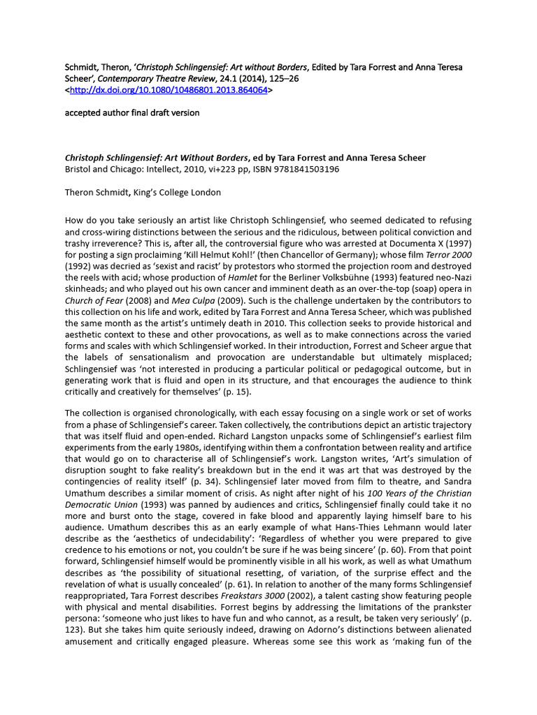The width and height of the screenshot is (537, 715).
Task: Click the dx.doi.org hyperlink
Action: pos(169,90)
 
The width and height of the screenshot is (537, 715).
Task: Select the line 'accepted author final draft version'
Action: pos(131,113)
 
